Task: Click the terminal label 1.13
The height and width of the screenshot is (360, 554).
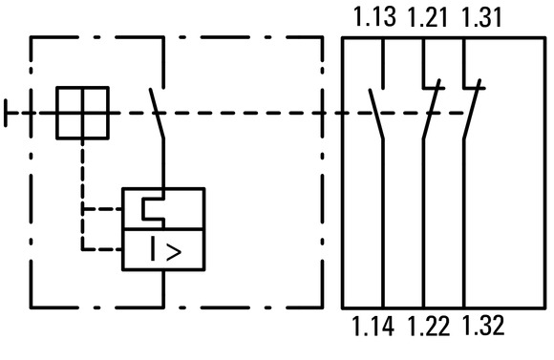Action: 374,17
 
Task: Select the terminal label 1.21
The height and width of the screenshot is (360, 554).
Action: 428,17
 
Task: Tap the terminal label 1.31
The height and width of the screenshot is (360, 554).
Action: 481,17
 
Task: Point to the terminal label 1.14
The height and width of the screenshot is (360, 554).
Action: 373,326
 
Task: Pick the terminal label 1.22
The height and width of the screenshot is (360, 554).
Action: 429,326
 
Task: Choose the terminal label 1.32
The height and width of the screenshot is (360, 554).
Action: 483,326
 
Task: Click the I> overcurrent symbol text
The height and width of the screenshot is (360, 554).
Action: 165,249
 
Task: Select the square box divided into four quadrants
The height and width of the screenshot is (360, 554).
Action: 83,113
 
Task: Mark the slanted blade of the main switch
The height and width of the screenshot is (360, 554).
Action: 157,113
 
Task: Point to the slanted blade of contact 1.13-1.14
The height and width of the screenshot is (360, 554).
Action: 376,114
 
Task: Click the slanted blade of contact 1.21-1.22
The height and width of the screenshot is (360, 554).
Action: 432,109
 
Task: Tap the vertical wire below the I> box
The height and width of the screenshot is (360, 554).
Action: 163,289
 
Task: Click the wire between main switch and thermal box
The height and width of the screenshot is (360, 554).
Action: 163,163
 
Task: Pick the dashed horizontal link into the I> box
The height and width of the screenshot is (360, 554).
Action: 102,249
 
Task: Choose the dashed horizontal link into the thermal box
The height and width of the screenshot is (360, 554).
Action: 102,209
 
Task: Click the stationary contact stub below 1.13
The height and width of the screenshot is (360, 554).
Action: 383,63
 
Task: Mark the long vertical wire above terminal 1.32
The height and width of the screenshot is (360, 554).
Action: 464,223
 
